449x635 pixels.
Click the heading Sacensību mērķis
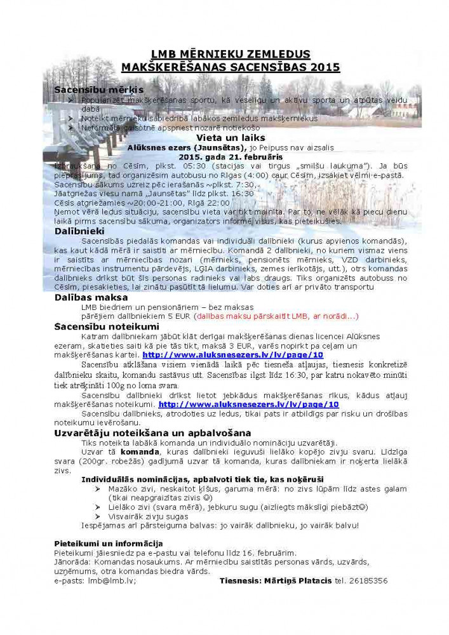point(98,90)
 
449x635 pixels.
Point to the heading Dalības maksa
point(91,297)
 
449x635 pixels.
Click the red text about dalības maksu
point(277,316)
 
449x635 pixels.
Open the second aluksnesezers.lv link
point(248,404)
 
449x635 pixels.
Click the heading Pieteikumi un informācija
point(108,544)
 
